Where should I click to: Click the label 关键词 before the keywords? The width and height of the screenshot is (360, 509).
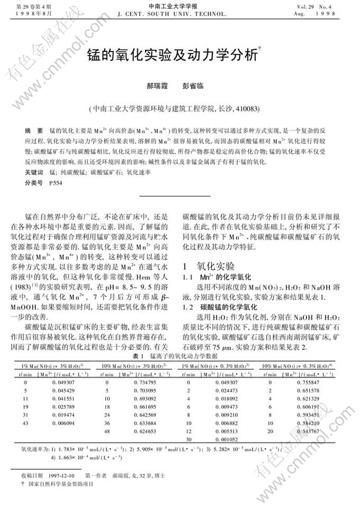coord(34,172)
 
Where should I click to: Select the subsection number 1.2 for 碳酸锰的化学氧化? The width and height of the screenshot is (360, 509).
coord(188,307)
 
